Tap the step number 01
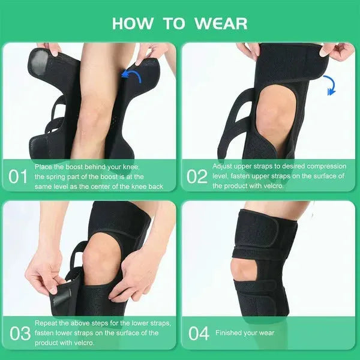18,176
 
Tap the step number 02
197,176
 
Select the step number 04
198,333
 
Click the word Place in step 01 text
44,166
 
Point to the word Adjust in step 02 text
223,166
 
